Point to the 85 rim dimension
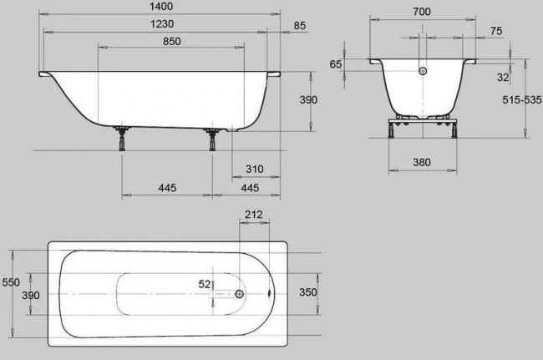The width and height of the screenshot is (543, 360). [300, 26]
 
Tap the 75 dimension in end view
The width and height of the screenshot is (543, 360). [497, 32]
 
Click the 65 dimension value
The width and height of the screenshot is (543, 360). [337, 64]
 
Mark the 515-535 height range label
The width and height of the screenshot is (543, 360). [521, 99]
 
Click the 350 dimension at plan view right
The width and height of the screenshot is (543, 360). [309, 294]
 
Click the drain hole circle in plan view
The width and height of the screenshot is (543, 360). [240, 294]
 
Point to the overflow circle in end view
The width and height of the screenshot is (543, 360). [422, 72]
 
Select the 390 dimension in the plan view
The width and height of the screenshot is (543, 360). [30, 294]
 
